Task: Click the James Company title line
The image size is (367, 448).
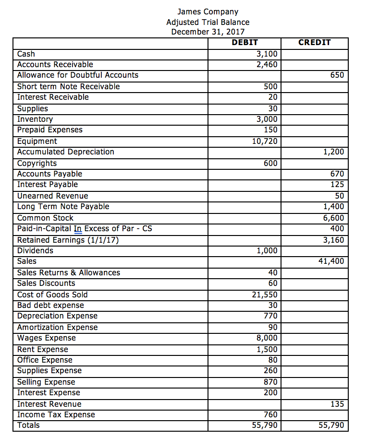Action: coord(208,12)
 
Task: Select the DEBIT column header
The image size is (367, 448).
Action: coord(245,42)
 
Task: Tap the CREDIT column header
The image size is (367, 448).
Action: coord(314,42)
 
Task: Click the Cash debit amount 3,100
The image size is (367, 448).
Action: coord(267,54)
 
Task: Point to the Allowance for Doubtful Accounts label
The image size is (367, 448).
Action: coord(77,75)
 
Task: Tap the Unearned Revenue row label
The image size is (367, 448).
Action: coord(52,196)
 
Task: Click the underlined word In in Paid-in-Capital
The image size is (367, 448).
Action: coord(77,229)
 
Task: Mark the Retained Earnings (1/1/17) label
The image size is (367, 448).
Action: coord(68,240)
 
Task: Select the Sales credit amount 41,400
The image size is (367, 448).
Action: coord(331,261)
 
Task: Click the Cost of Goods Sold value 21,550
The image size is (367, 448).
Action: coord(265,295)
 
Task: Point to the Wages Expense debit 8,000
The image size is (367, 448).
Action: coord(267,338)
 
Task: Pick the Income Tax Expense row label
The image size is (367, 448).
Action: coord(56,414)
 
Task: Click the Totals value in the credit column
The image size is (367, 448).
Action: coord(331,425)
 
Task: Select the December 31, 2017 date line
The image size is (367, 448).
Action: coord(208,32)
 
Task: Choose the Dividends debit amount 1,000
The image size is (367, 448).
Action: coord(267,250)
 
